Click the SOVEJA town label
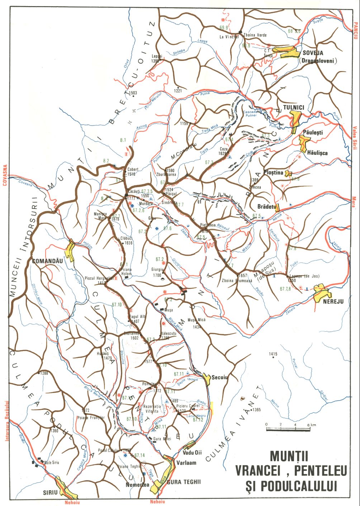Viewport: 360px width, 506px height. pos(313,53)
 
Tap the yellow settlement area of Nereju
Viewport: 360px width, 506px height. pos(320,292)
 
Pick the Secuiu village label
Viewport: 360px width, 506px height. pos(220,377)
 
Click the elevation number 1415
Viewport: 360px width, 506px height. pos(273,354)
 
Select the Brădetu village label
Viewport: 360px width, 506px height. pos(266,207)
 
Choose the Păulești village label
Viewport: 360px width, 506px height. pos(313,132)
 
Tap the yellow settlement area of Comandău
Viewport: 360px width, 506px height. pos(70,250)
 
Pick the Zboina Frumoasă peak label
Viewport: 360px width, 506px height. pos(235,280)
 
